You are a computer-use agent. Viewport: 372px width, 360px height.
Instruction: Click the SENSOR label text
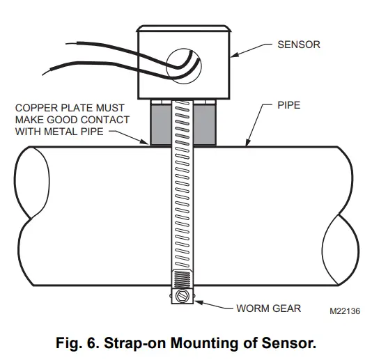tap(299, 45)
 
